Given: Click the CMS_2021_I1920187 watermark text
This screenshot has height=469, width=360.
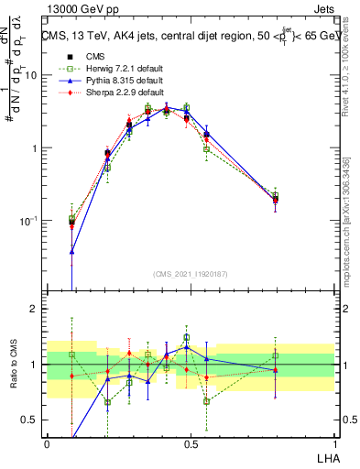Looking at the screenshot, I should pos(191,273).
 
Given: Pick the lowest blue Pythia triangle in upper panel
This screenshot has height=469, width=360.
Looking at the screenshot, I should pos(71,251).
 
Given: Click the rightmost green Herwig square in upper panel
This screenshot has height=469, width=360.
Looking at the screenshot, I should pos(275,195).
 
